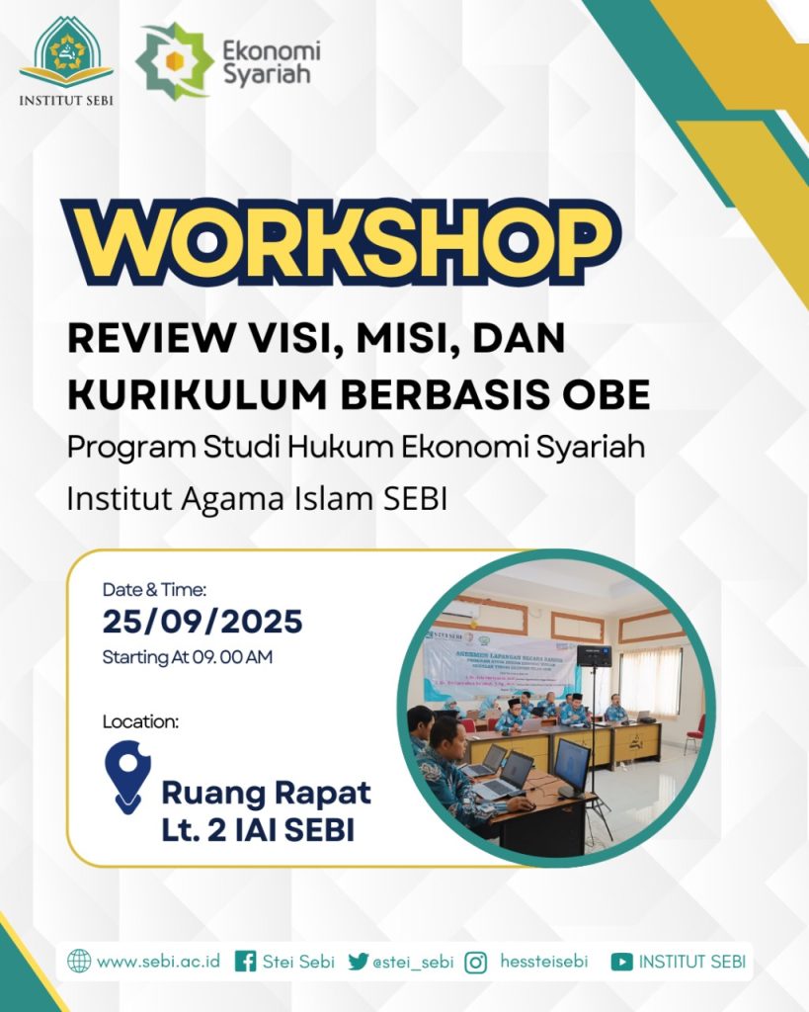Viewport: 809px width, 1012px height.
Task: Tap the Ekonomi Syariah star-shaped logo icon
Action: click(x=173, y=61)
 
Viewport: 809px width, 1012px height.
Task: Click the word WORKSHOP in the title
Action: click(x=341, y=242)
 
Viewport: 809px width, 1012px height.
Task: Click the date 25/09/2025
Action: click(x=202, y=623)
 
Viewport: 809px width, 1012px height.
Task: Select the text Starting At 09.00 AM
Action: click(x=188, y=657)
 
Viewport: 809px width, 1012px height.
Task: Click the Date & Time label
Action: click(x=154, y=590)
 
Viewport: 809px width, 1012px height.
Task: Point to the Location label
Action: click(x=140, y=721)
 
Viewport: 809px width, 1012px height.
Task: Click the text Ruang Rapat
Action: click(x=267, y=793)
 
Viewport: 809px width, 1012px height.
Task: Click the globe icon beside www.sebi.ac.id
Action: click(x=79, y=961)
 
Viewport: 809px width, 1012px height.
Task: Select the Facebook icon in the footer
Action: click(x=246, y=961)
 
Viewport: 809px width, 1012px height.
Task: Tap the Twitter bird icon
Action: click(x=358, y=961)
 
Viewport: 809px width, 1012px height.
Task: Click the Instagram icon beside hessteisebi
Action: click(x=475, y=961)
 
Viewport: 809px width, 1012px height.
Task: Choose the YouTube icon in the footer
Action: click(x=621, y=961)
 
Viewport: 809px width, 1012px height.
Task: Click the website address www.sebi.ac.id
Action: click(x=158, y=961)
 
